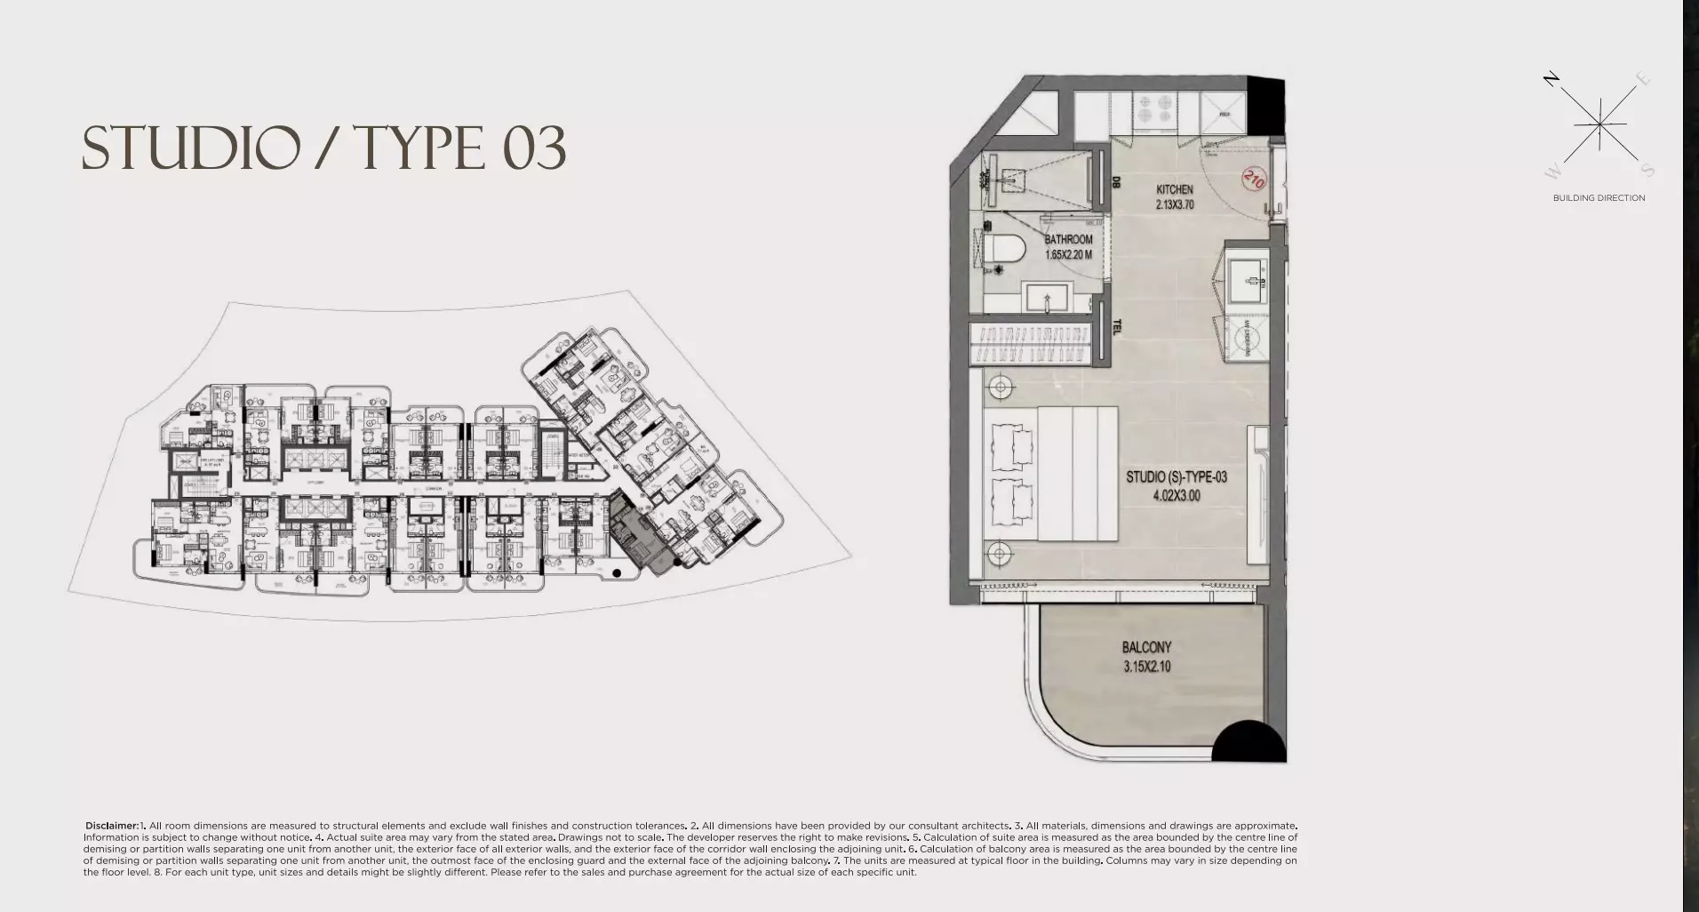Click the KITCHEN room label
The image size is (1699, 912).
[x=1174, y=189]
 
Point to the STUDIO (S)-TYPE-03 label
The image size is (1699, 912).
[x=1176, y=477]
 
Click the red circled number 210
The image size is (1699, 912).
[x=1253, y=180]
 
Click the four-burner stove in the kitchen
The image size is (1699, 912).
[x=1154, y=108]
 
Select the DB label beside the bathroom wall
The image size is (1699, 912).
[x=1115, y=182]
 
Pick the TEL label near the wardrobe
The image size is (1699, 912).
[x=1117, y=327]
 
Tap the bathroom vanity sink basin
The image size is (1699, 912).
[x=1047, y=297]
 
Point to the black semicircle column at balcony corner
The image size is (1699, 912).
[x=1248, y=743]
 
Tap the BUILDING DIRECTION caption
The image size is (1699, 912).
[x=1599, y=198]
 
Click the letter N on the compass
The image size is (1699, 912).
[x=1551, y=79]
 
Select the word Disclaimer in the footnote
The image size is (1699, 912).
[x=112, y=826]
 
